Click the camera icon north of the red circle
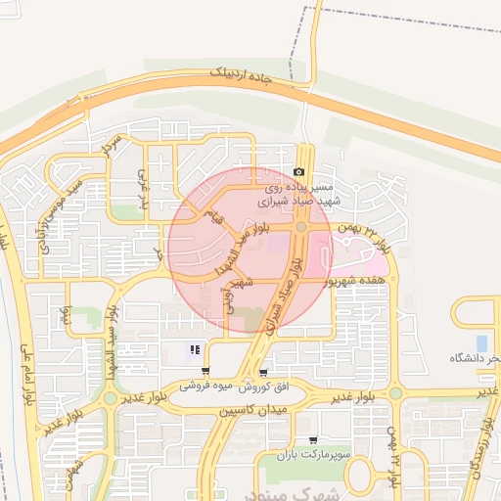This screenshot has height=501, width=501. pyautogui.click(x=298, y=172)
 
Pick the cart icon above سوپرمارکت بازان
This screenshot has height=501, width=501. pyautogui.click(x=312, y=440)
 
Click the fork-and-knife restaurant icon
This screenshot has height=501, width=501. pyautogui.click(x=196, y=349)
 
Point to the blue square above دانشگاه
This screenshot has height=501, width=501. pyautogui.click(x=481, y=342)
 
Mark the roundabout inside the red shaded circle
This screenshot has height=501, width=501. pyautogui.click(x=301, y=227)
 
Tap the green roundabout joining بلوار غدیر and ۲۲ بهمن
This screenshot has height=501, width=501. pyautogui.click(x=394, y=393)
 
